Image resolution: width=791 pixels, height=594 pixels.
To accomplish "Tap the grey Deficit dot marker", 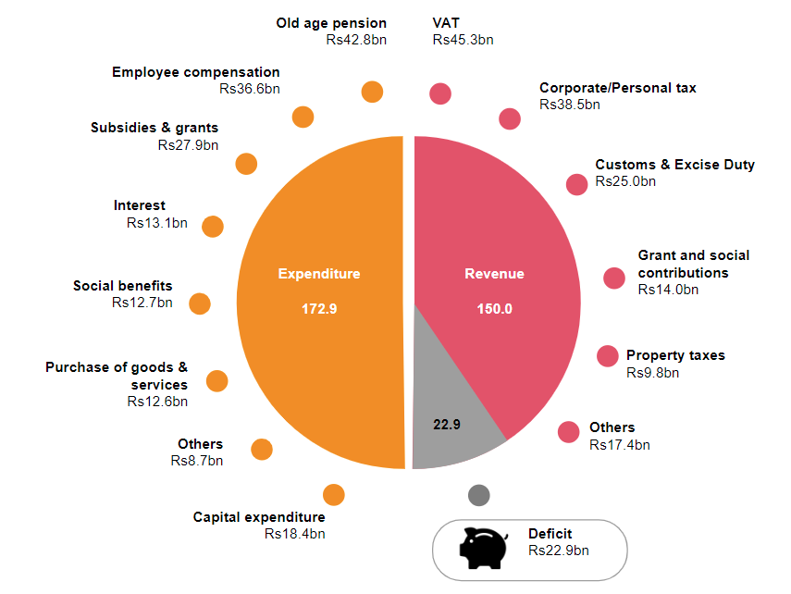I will (x=478, y=495).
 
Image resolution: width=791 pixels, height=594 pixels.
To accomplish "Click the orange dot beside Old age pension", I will (x=372, y=92).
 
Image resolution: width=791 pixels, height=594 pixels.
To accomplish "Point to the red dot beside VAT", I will (x=440, y=93).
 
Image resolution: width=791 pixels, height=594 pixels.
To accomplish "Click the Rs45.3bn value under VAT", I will (x=463, y=40).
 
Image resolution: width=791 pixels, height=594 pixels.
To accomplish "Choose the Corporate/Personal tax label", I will (x=617, y=88).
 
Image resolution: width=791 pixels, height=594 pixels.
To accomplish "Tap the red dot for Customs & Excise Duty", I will (x=577, y=184).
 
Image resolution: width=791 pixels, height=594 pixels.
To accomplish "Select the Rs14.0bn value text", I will (x=668, y=290).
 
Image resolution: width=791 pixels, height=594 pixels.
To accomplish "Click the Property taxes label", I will (x=675, y=355).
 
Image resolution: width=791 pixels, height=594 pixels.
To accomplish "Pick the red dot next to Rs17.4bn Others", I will (x=570, y=431).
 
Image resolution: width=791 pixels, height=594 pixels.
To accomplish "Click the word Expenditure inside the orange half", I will (x=319, y=274).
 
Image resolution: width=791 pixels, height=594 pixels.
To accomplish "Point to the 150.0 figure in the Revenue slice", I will (x=494, y=309).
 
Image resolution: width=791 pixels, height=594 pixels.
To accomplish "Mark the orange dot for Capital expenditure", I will (x=334, y=495).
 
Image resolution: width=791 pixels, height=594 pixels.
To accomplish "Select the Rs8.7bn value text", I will (x=196, y=460).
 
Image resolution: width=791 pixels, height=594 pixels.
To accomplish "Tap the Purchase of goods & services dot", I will (x=216, y=380).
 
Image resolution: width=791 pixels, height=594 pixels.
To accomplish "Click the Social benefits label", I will (x=123, y=286).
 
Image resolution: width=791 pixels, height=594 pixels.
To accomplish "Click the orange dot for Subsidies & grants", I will (x=246, y=164).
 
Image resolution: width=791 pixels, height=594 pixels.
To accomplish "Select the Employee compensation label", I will (x=195, y=72).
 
